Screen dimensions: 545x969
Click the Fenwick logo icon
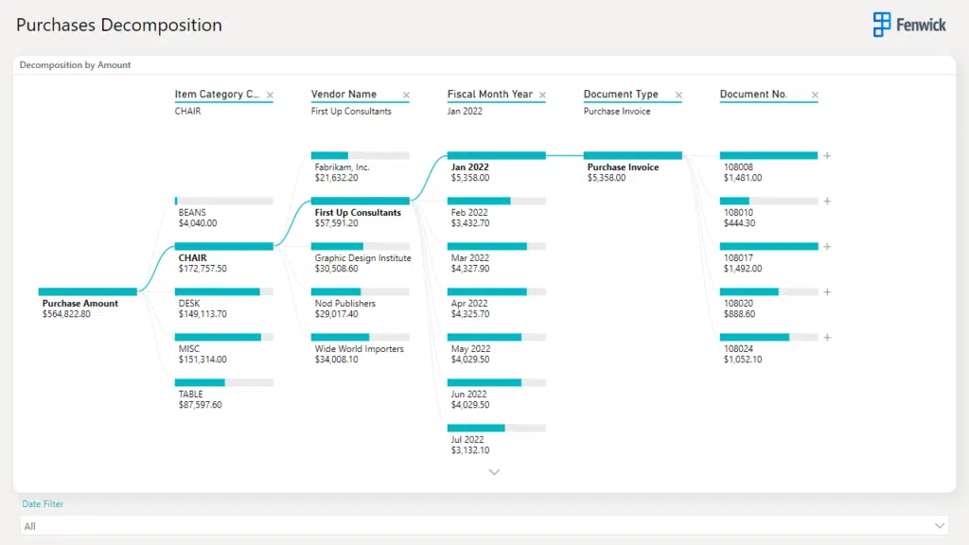coord(882,25)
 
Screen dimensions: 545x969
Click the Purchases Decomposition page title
coord(119,26)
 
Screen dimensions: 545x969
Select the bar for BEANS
coord(224,201)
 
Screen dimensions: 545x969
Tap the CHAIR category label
coord(192,257)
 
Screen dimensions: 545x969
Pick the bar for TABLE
coord(224,382)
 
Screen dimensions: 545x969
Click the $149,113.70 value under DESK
coord(203,314)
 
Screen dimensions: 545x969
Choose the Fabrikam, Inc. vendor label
coord(343,167)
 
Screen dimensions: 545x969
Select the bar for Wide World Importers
coord(361,337)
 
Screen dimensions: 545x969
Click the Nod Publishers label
coord(345,304)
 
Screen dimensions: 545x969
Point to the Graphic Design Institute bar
coord(361,246)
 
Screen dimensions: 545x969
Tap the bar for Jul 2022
coord(497,428)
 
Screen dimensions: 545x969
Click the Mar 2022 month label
coord(470,258)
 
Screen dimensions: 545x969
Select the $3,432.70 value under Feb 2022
coord(470,223)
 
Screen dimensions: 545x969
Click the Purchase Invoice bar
coord(633,155)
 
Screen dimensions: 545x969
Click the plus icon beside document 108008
coord(827,155)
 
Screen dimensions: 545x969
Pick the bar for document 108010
coord(768,201)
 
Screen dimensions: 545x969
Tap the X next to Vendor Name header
coord(407,96)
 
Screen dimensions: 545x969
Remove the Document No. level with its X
coord(815,96)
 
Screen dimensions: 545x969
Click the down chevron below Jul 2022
coord(494,471)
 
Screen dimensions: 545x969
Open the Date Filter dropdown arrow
coord(940,525)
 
